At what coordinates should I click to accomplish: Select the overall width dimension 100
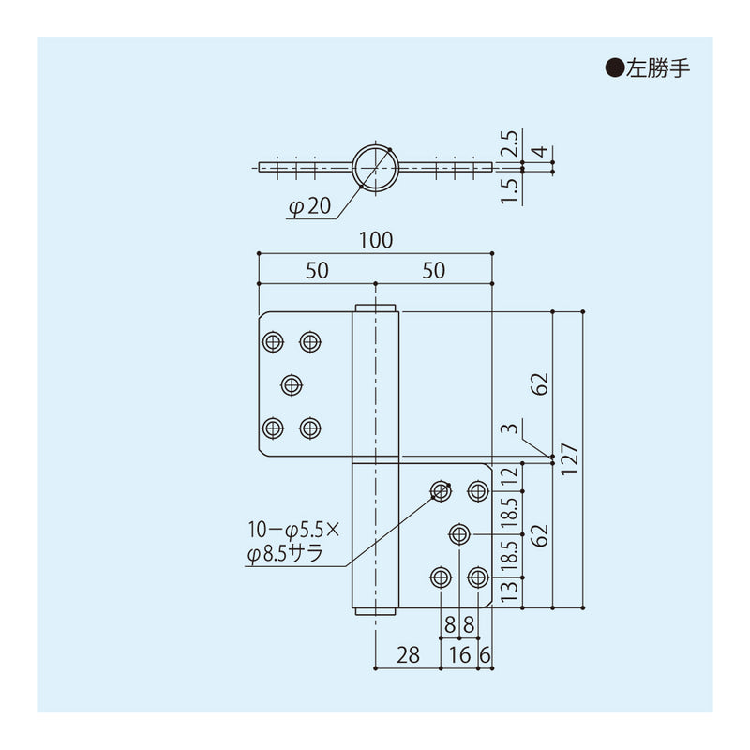374,240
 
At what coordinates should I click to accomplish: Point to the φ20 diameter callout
310,207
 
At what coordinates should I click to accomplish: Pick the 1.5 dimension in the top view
509,189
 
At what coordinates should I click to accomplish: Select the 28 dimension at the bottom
408,655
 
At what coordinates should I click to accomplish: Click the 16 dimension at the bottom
459,655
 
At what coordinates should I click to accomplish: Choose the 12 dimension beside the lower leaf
509,476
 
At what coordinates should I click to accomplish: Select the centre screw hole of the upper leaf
292,384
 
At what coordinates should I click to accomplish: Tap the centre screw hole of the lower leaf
459,533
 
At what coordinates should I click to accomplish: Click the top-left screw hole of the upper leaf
273,341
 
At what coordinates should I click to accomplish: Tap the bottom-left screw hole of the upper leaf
273,428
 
